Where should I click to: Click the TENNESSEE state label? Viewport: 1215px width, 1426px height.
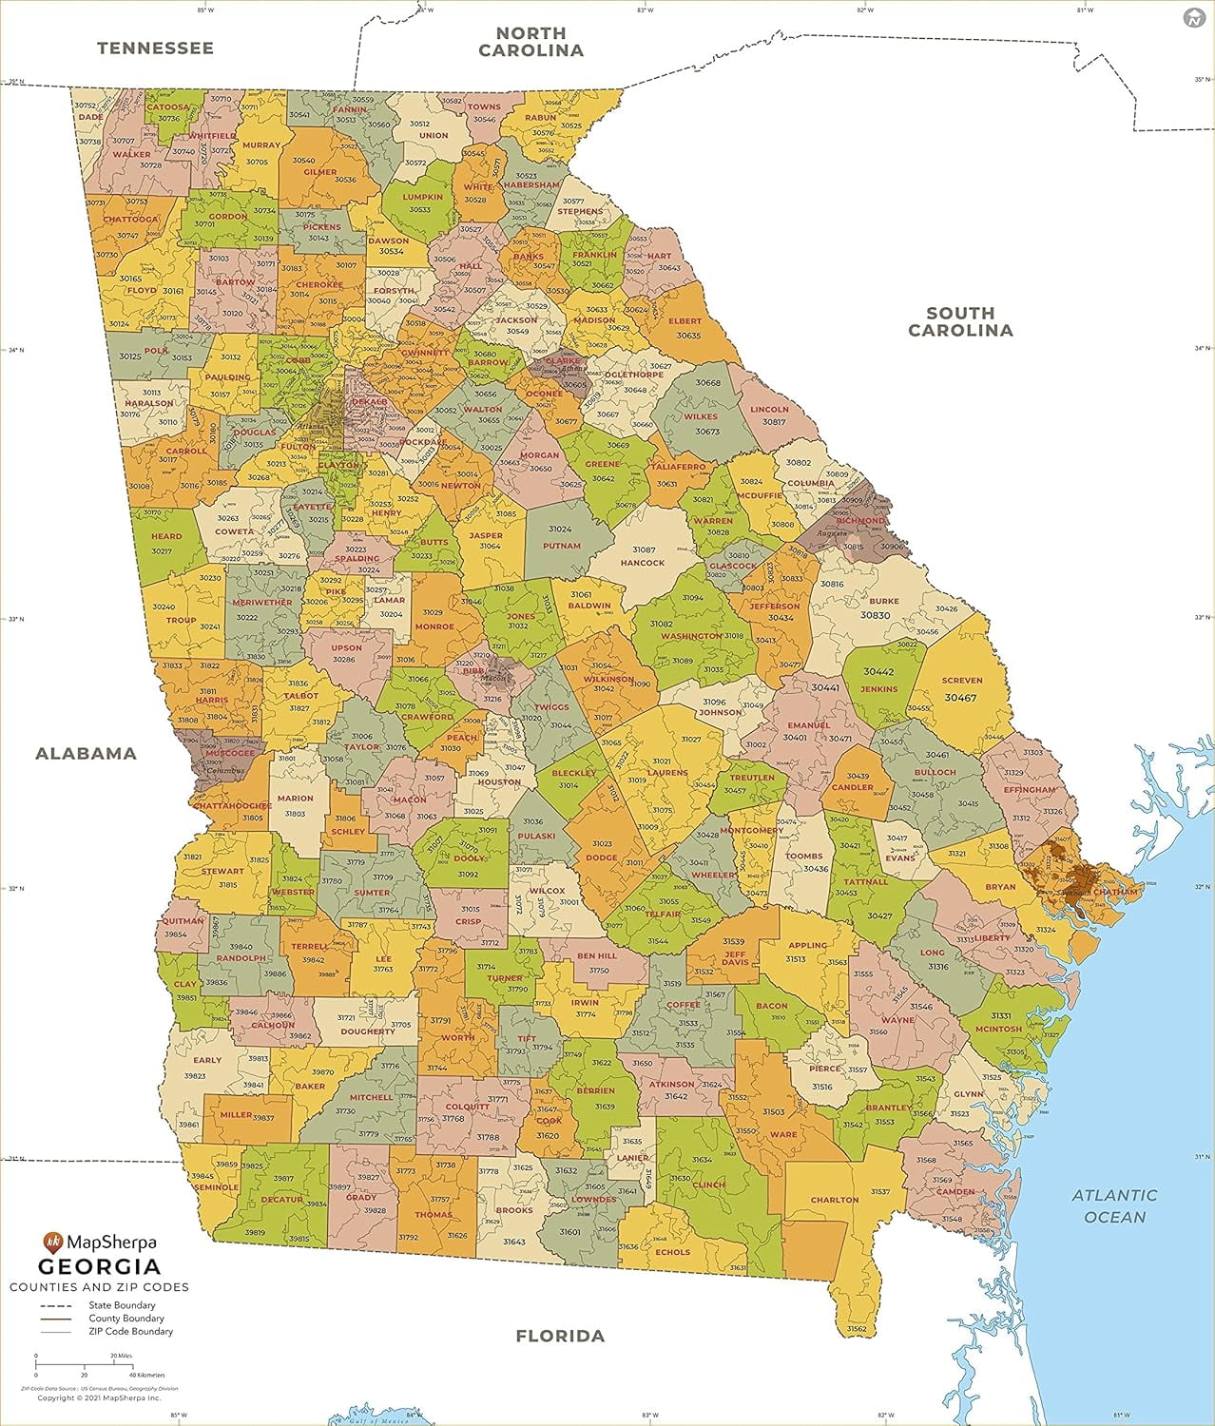coord(155,48)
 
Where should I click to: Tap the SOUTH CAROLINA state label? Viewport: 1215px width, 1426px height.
coord(960,321)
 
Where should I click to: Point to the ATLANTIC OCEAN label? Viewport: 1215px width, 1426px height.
coord(1114,1205)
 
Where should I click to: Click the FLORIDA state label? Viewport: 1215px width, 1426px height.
coord(560,1336)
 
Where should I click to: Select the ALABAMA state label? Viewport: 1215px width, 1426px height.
coord(86,753)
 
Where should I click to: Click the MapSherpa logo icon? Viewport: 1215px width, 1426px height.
coord(52,1242)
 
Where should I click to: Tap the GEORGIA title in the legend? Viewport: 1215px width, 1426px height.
coord(99,1266)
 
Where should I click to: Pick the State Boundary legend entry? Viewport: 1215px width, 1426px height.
coord(122,1305)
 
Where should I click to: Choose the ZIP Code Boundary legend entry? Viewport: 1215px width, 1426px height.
coord(130,1331)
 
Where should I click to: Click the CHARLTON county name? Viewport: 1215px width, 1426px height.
coord(835,1200)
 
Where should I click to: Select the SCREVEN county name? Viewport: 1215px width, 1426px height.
coord(961,681)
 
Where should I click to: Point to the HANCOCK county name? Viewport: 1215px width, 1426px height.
coord(642,563)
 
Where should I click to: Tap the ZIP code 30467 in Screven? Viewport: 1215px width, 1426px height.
coord(960,698)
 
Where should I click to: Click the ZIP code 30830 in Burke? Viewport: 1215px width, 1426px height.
coord(875,615)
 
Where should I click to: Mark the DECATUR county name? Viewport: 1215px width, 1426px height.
coord(281,1200)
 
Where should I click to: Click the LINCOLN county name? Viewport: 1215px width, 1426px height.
coord(769,410)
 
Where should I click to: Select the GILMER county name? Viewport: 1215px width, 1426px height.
coord(320,173)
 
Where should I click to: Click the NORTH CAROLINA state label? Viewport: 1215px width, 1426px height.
coord(530,42)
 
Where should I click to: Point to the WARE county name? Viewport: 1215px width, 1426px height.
coord(782,1134)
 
